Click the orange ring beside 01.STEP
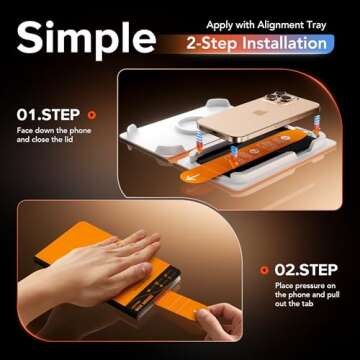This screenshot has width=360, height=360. coord(91,115)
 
